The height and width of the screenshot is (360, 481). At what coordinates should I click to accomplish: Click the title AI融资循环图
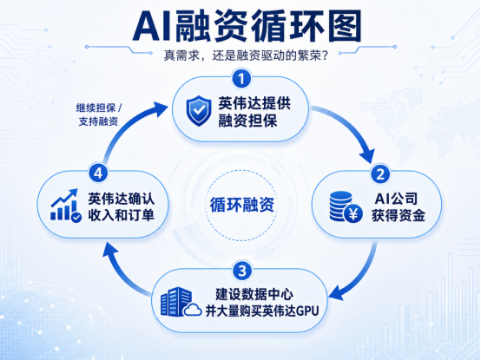pos(247,26)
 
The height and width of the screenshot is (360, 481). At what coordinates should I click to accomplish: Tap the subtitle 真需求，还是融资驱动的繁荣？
pos(246,56)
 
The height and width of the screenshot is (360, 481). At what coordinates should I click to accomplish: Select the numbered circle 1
pos(241,79)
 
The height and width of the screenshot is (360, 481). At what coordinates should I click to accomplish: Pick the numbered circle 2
pos(380,173)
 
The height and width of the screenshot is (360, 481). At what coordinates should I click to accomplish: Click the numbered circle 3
pos(242,271)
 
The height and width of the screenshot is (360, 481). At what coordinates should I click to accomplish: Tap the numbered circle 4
pos(98,173)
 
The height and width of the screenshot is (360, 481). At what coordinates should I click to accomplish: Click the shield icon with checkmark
pos(199,111)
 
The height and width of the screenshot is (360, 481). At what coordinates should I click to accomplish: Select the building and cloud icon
pos(181,302)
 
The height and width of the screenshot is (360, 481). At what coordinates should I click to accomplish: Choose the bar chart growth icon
pos(66,206)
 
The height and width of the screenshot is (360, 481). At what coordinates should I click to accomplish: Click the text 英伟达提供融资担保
pos(254,112)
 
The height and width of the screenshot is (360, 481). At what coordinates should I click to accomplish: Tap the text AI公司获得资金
pos(399,207)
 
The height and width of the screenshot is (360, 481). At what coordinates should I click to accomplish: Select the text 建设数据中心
pos(254,294)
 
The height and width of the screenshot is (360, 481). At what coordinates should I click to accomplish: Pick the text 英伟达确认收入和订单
pos(122,206)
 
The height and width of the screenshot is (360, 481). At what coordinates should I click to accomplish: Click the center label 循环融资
pos(241,205)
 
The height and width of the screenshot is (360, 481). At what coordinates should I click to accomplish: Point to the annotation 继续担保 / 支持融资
pos(99,115)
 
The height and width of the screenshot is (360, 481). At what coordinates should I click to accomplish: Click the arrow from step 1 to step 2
pos(353,126)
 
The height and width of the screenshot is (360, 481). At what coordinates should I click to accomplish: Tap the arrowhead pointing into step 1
pos(160,108)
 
